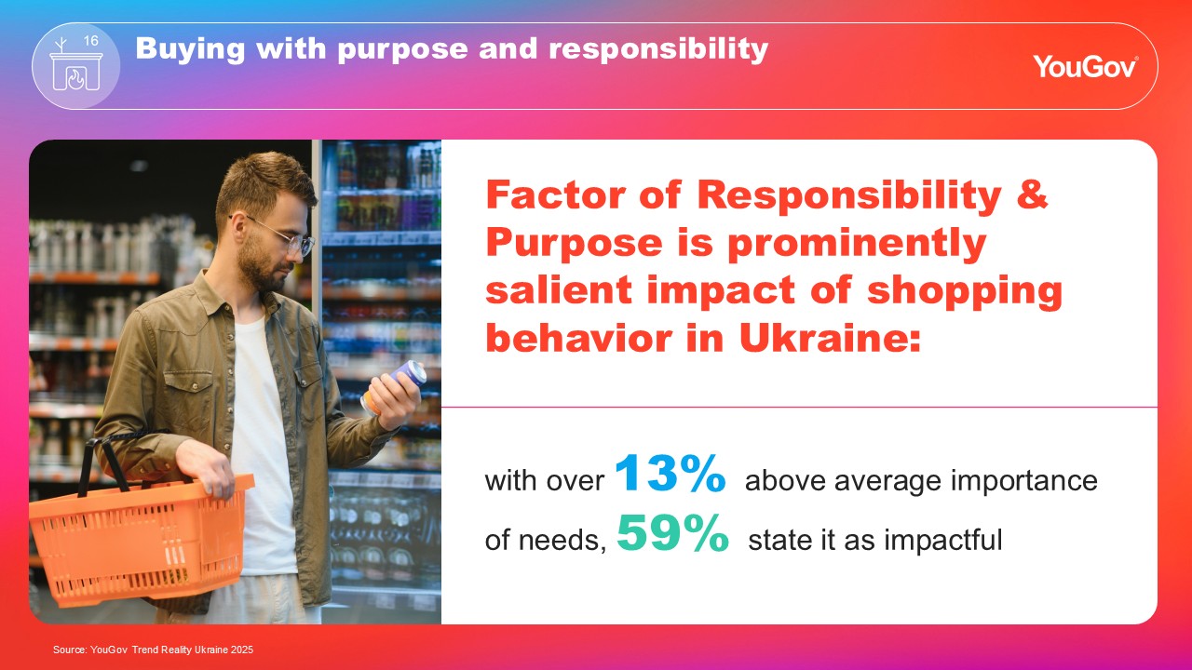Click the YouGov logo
[x=1086, y=66]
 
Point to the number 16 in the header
[x=91, y=41]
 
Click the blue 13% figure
[x=670, y=473]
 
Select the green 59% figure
[x=672, y=532]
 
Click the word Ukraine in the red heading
[x=830, y=338]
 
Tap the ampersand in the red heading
[x=1032, y=194]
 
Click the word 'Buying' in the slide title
[x=190, y=49]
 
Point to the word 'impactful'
[x=943, y=540]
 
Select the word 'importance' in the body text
[x=1023, y=481]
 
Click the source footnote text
[x=154, y=650]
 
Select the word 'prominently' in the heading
[x=857, y=244]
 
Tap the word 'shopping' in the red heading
[x=964, y=292]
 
